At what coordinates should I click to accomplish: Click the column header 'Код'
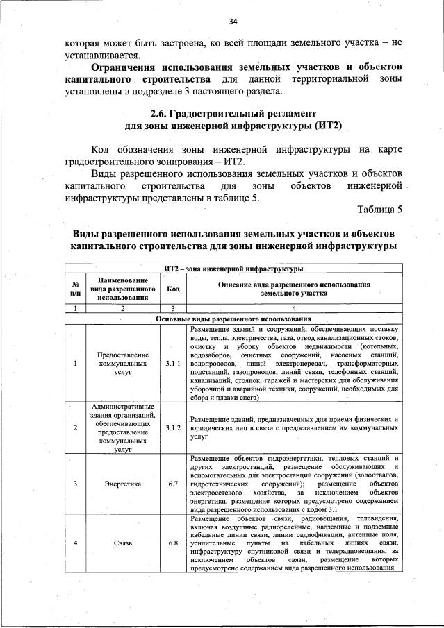pos(173,289)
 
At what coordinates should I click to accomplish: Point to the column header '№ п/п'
pos(74,289)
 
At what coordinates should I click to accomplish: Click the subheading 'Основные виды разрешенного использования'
pos(233,319)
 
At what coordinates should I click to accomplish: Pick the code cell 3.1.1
pos(173,363)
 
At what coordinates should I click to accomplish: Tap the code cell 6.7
pos(173,483)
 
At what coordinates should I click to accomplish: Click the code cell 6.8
pos(173,543)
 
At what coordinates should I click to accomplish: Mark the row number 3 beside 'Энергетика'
pos(74,483)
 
